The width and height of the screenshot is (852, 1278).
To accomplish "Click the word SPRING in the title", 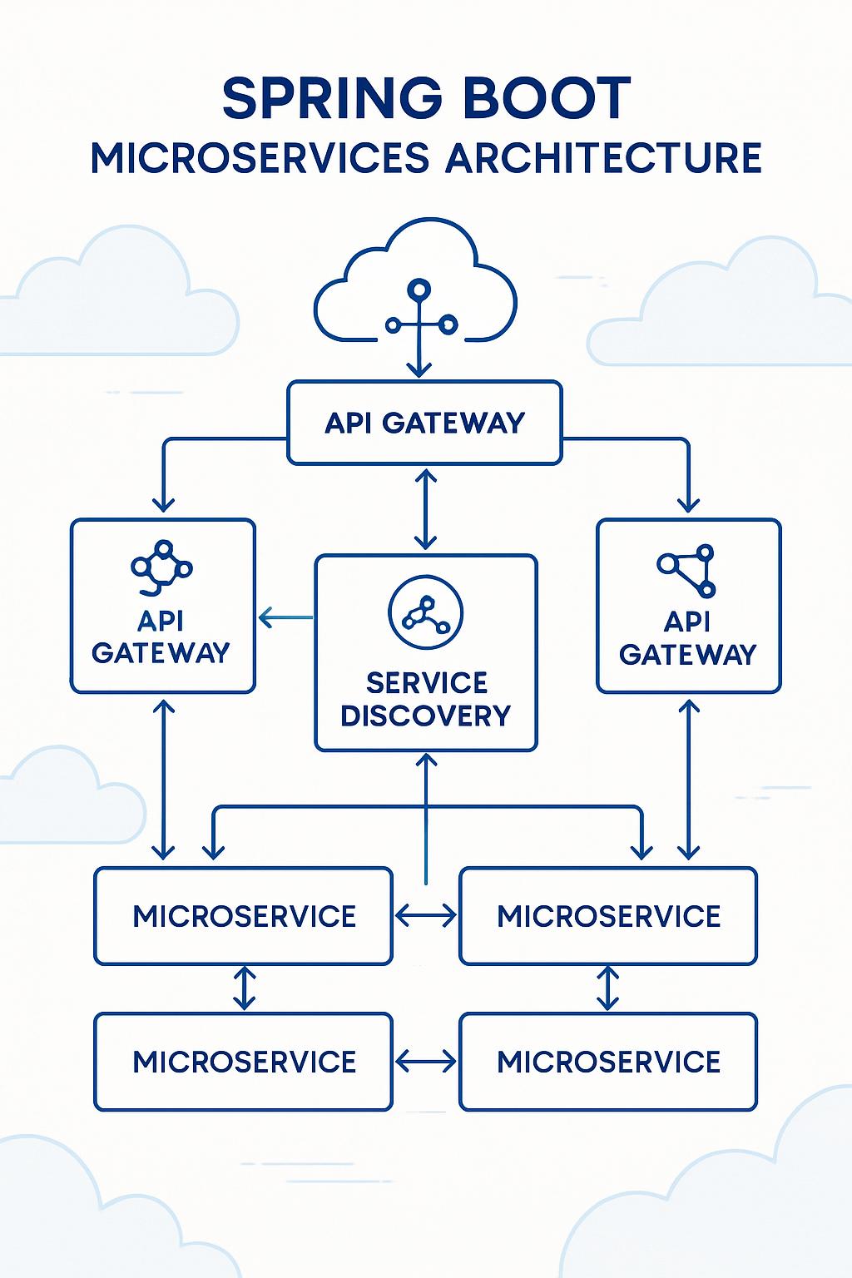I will pyautogui.click(x=332, y=99).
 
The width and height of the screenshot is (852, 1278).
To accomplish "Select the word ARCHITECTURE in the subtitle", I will pyautogui.click(x=604, y=158).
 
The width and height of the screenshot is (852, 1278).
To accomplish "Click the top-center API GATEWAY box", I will pyautogui.click(x=424, y=423).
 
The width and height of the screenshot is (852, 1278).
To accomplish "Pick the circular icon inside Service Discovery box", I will pyautogui.click(x=425, y=613).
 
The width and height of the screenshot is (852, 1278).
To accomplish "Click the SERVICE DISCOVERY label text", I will pyautogui.click(x=426, y=699).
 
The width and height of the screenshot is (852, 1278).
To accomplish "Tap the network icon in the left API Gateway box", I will pyautogui.click(x=161, y=568).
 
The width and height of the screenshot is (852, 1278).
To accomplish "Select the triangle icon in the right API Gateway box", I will pyautogui.click(x=688, y=570).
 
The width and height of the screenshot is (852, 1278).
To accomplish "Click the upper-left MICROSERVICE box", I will pyautogui.click(x=243, y=916).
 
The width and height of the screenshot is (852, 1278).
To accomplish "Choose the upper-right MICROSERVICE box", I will pyautogui.click(x=608, y=916).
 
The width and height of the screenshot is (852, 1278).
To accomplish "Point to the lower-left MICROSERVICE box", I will pyautogui.click(x=243, y=1062).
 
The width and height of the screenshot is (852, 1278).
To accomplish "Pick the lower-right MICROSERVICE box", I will pyautogui.click(x=608, y=1062).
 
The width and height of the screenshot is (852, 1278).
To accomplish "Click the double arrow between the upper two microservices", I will pyautogui.click(x=425, y=916).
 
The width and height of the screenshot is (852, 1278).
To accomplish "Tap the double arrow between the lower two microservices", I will pyautogui.click(x=425, y=1062).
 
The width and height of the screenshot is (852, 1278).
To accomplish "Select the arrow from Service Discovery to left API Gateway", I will pyautogui.click(x=285, y=617).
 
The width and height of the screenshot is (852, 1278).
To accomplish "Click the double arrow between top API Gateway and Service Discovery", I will pyautogui.click(x=425, y=509).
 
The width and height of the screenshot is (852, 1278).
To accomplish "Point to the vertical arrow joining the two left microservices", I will pyautogui.click(x=244, y=988).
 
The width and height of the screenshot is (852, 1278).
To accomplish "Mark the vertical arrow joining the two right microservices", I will pyautogui.click(x=608, y=988).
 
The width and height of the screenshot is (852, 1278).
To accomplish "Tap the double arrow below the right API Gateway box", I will pyautogui.click(x=688, y=779).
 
